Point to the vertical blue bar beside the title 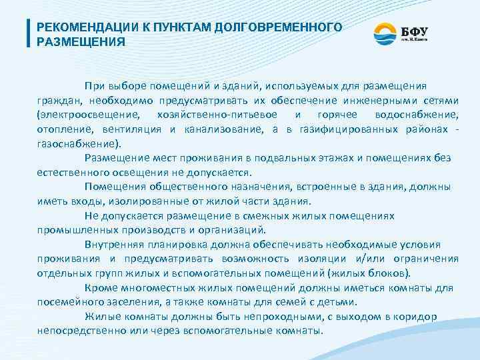click(x=27, y=33)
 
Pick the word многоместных click(x=163, y=287)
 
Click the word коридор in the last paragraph click(x=430, y=316)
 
